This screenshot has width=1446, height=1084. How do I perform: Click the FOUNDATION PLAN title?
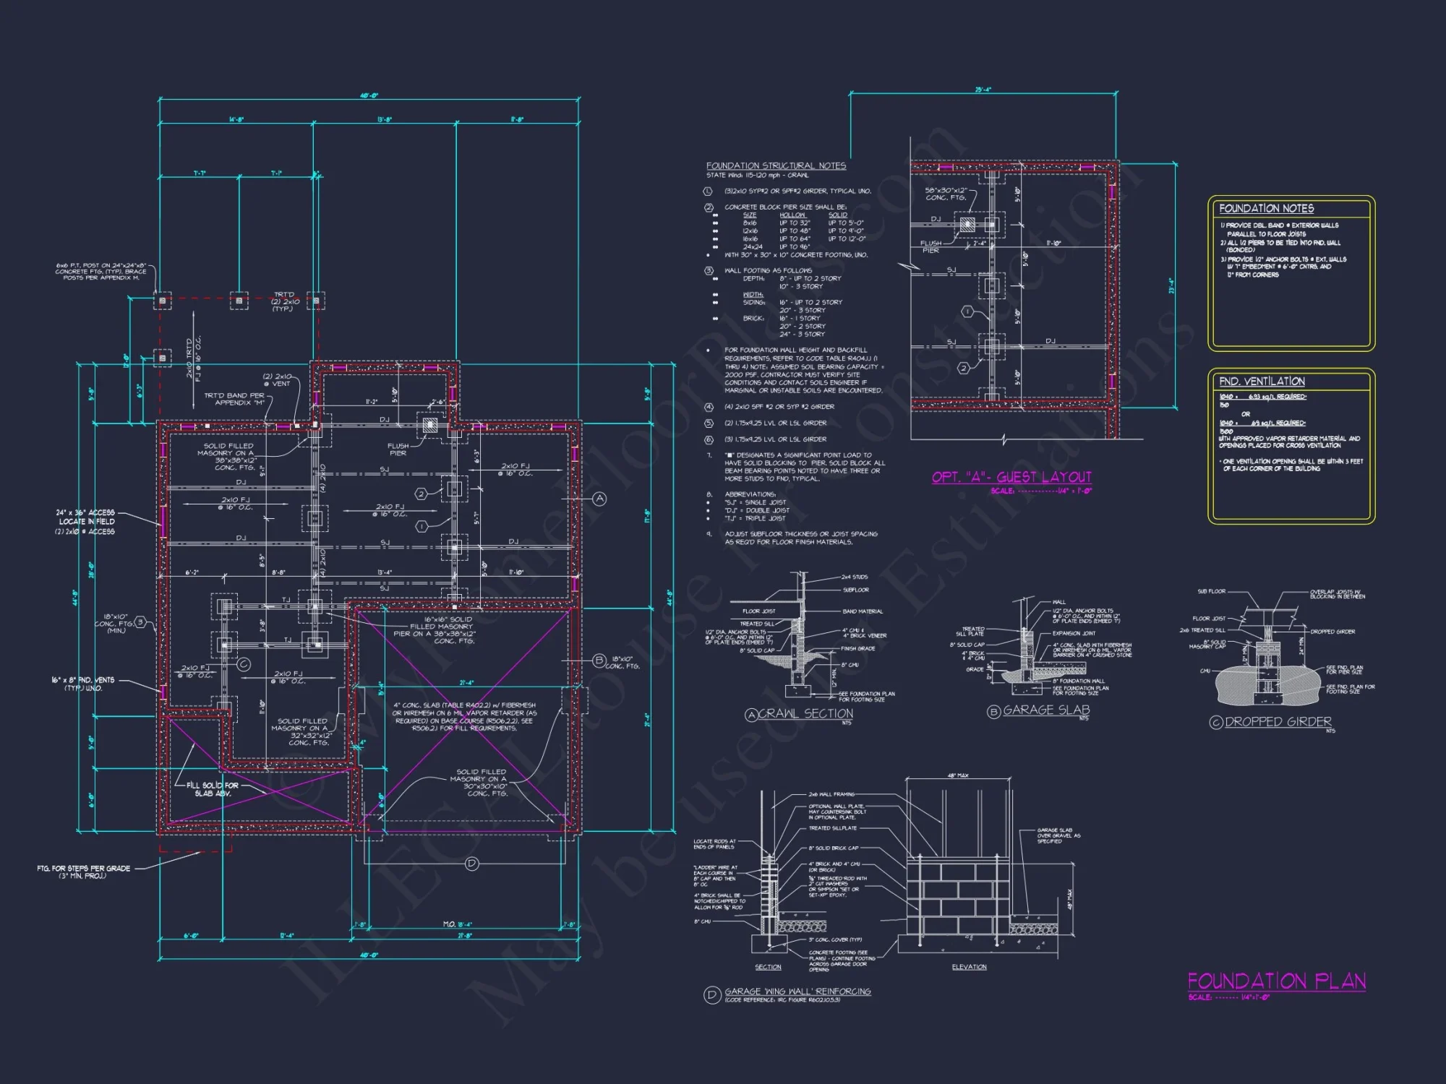[1276, 981]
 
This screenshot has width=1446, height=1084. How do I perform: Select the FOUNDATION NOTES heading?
[1266, 208]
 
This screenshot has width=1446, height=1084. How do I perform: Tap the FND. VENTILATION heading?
[1262, 381]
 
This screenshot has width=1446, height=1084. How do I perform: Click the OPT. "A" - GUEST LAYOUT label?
[1011, 477]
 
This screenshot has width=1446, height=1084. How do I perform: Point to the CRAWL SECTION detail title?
[805, 713]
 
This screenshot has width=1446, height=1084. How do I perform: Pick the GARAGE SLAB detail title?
[1045, 710]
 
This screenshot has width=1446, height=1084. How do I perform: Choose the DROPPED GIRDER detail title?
[1278, 721]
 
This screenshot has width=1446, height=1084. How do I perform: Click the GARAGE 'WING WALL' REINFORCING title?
[797, 991]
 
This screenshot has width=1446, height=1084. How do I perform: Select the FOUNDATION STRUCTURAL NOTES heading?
[776, 165]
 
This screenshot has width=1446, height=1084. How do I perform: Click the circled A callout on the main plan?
[599, 499]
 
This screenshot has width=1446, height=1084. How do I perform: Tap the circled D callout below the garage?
[471, 863]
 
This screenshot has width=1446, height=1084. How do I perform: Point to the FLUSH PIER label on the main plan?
[398, 449]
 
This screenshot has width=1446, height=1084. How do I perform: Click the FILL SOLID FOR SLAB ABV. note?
[212, 789]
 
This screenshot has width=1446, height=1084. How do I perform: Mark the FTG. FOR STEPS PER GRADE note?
[83, 872]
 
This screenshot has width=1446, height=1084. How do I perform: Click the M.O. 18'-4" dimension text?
[457, 924]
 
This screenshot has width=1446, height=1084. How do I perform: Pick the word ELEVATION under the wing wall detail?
[969, 967]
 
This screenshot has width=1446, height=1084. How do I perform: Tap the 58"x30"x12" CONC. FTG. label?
[946, 194]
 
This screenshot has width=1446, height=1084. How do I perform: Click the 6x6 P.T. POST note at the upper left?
[101, 271]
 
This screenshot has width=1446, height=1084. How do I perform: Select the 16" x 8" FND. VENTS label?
[82, 684]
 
